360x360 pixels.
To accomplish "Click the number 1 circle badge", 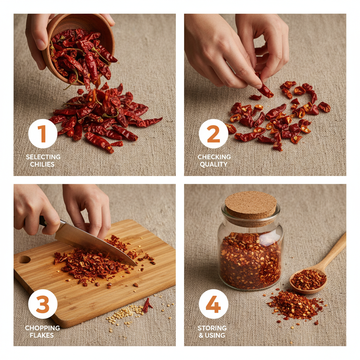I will tap(43, 134).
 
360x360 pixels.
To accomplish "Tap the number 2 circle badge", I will tap(213, 134).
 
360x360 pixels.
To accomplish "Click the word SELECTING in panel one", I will tap(43, 157).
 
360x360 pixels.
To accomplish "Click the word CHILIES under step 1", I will tap(43, 164).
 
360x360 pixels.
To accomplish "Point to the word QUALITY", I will tap(214, 164).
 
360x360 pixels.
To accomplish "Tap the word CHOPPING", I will tap(42, 328).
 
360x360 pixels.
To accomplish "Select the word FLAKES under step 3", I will tap(42, 335).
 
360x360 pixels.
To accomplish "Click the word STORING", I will tap(212, 328).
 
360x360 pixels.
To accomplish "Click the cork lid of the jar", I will tap(251, 205).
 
